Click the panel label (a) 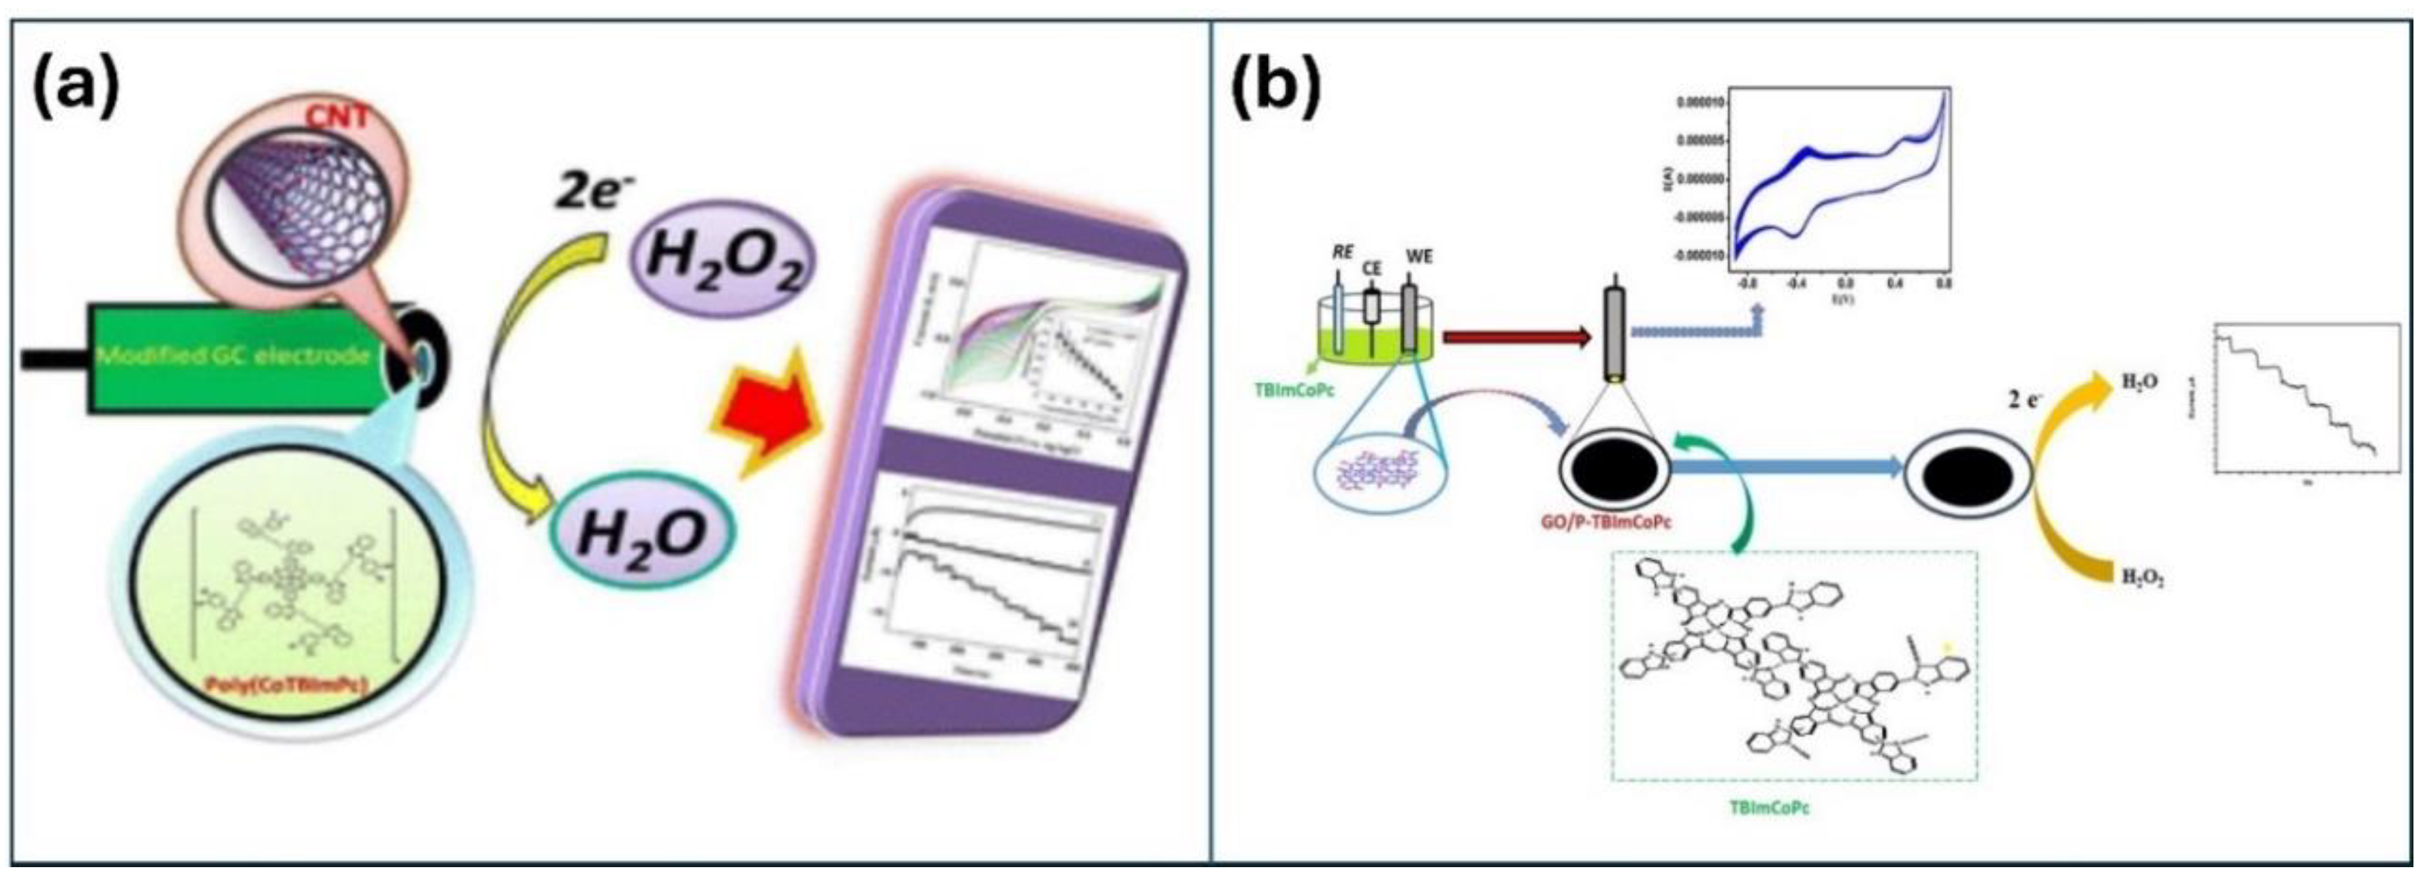[78, 83]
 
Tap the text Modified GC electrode [234, 356]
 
